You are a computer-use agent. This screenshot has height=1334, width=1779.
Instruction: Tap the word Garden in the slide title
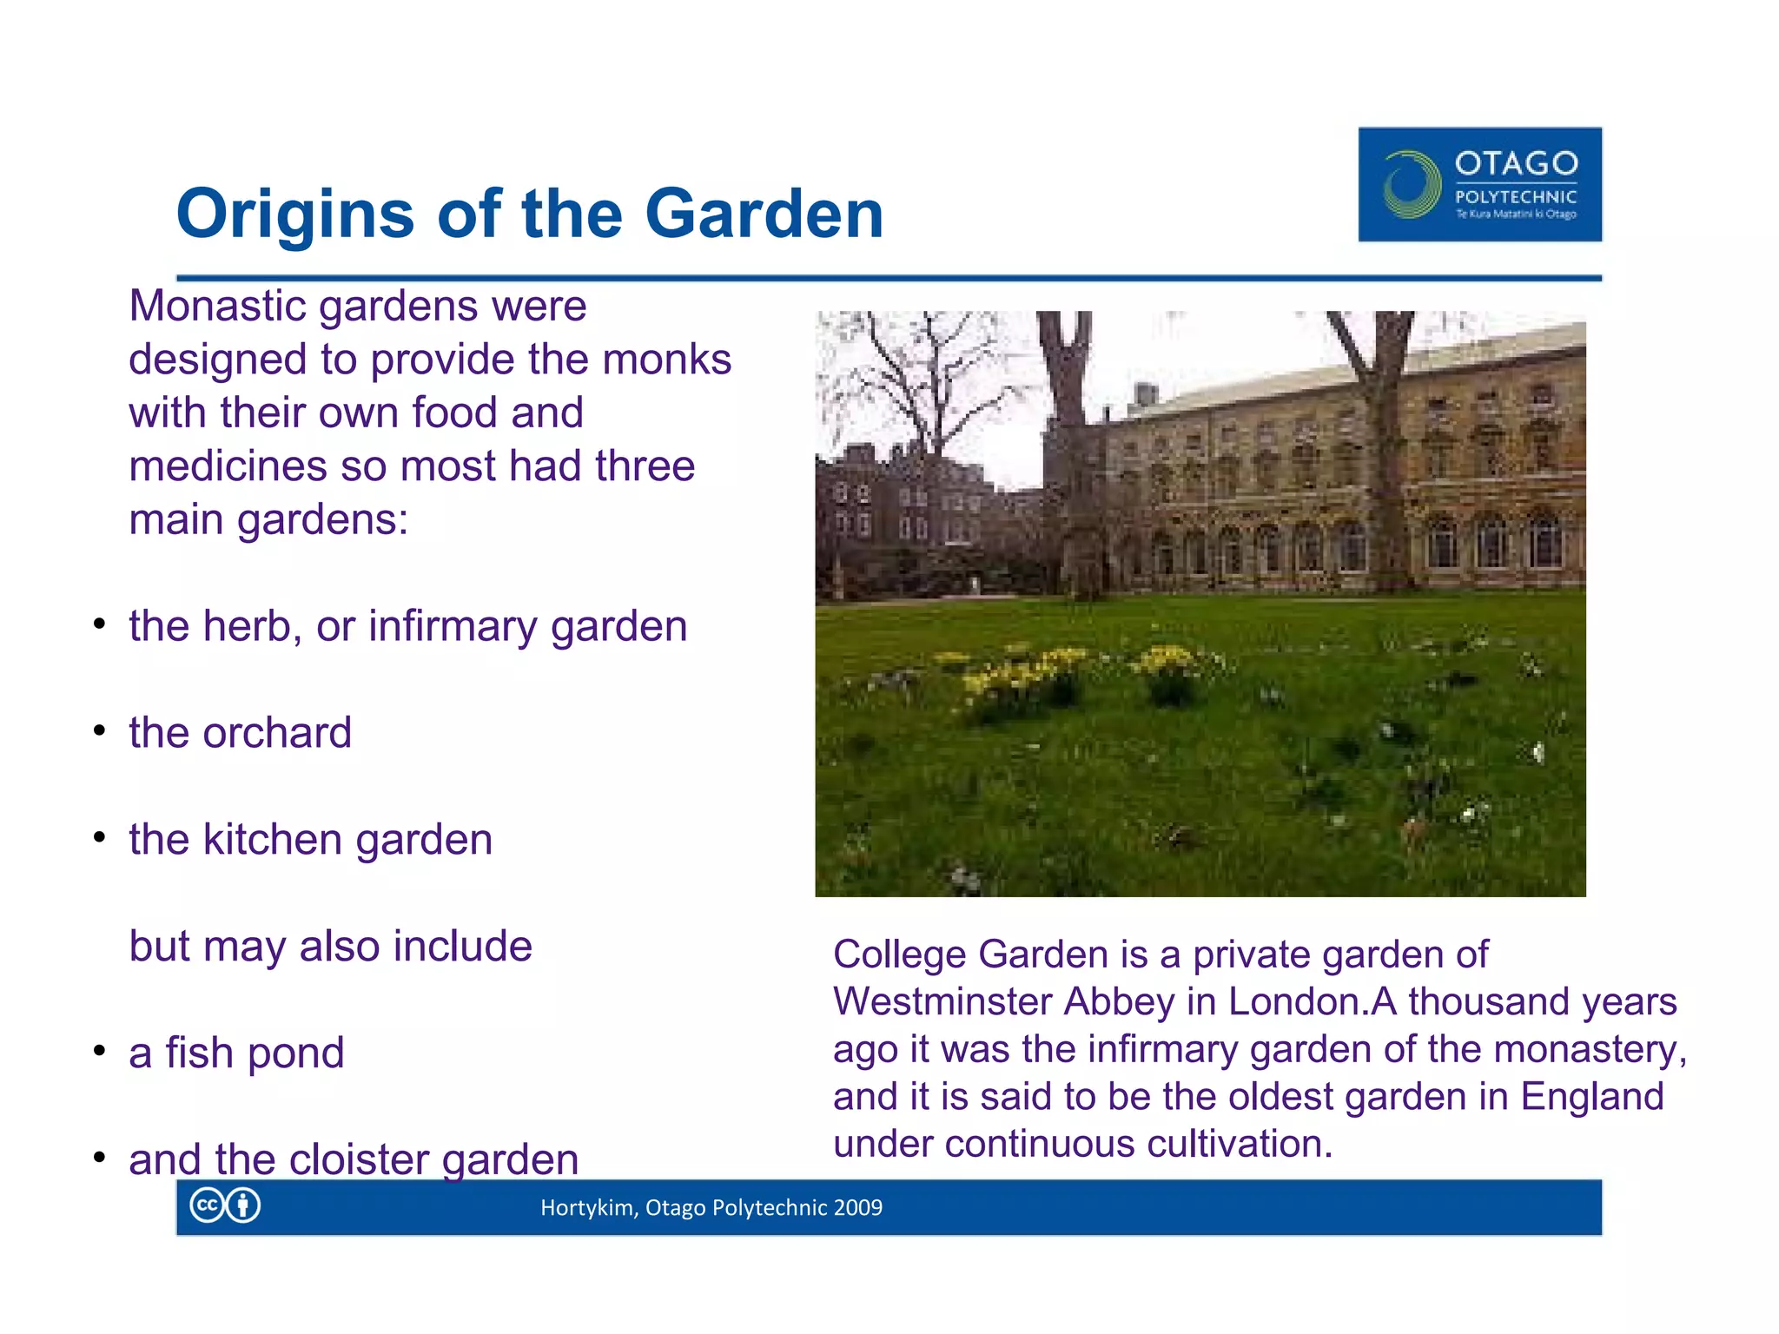point(764,215)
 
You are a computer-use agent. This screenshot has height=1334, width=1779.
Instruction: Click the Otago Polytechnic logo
point(1479,184)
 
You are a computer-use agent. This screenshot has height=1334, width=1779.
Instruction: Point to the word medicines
point(228,466)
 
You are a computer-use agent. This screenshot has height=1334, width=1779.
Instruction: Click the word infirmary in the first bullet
point(453,627)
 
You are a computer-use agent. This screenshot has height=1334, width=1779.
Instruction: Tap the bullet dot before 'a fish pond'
point(100,1051)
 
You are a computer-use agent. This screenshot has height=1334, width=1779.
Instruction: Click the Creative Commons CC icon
point(207,1205)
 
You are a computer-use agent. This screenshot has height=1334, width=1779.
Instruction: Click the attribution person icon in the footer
point(243,1205)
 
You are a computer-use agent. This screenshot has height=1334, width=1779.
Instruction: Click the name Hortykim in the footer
point(587,1208)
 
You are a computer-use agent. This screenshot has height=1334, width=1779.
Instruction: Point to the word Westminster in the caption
point(942,1001)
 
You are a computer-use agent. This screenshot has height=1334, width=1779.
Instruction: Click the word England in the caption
point(1591,1096)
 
